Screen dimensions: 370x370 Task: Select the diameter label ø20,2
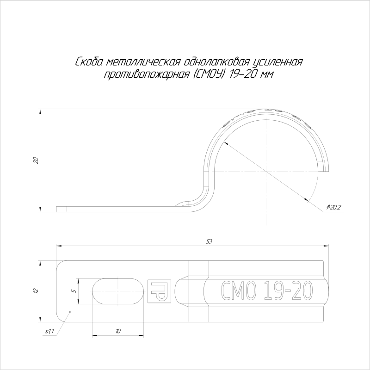333,207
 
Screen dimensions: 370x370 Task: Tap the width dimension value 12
35,290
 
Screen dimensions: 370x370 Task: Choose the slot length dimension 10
118,331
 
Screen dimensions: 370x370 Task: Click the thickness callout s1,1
49,331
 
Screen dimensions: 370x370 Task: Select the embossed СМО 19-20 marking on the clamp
265,291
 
